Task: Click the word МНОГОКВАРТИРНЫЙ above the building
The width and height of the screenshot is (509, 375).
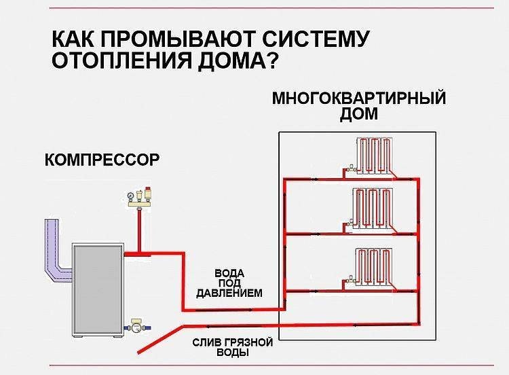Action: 358,98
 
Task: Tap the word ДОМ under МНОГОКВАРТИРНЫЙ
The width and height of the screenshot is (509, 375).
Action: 359,113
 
